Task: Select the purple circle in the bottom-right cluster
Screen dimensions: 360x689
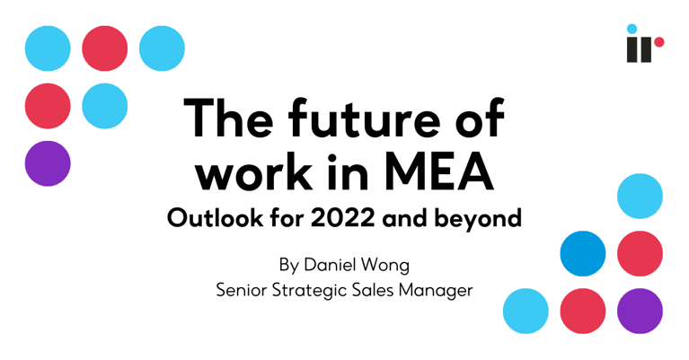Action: (640, 311)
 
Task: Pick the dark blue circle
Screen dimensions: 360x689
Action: (583, 253)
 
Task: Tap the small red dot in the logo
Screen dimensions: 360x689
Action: (658, 42)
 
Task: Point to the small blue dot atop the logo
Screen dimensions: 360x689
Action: (632, 29)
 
